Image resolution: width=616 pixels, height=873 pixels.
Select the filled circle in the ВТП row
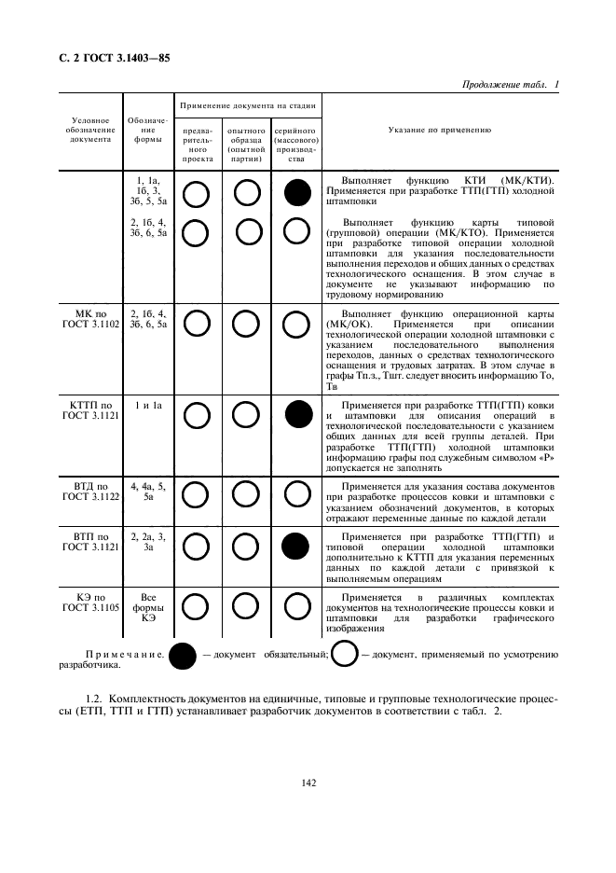tap(296, 545)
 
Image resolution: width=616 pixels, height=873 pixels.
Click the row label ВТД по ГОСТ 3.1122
tap(92, 492)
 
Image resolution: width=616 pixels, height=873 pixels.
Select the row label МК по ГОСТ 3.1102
tap(92, 318)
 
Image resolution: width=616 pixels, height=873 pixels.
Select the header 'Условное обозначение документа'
tap(92, 131)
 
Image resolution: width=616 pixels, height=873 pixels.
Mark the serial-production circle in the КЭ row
tap(295, 606)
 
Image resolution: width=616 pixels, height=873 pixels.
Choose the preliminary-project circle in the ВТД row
tap(198, 494)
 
